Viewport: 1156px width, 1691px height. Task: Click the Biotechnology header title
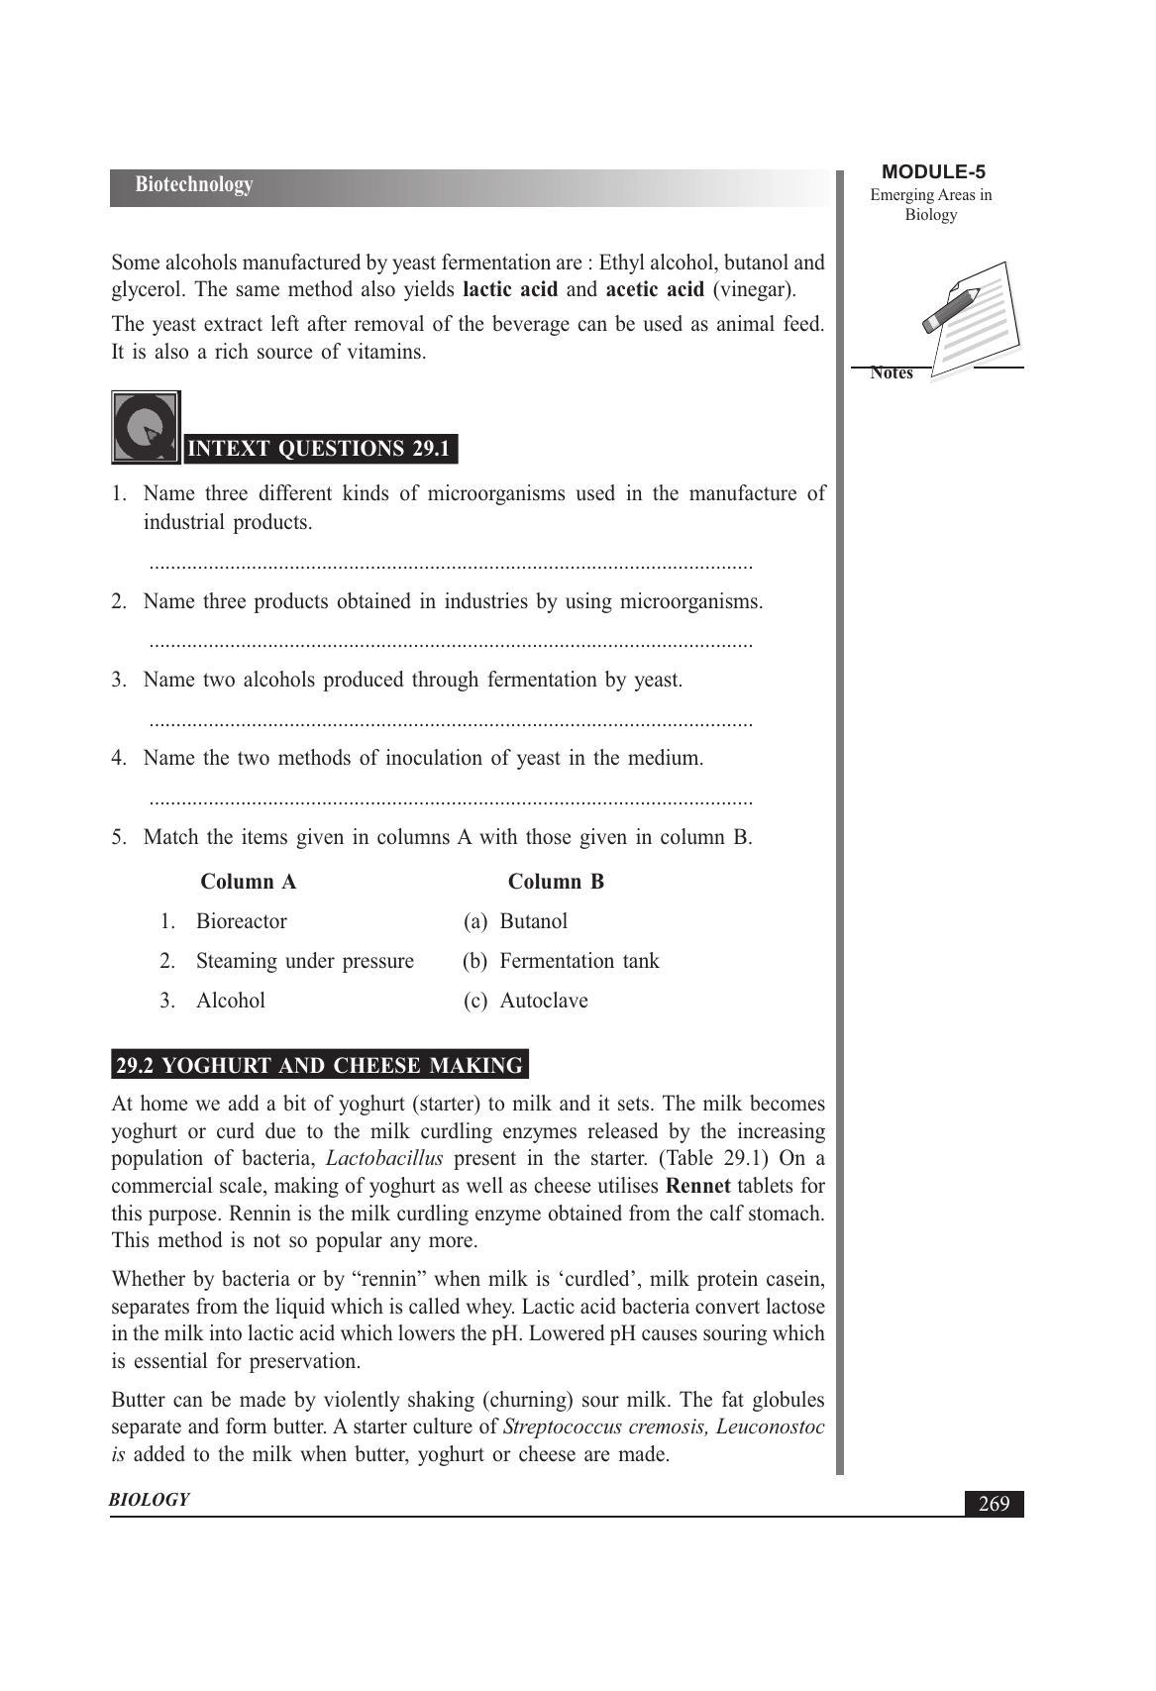click(194, 185)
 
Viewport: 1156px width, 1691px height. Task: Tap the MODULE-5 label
click(932, 172)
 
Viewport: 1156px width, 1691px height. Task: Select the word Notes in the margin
click(892, 373)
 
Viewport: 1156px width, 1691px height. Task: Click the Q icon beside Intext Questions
click(146, 428)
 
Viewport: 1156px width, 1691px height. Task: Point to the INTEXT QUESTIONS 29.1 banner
click(320, 449)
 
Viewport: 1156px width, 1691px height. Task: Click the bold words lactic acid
click(510, 290)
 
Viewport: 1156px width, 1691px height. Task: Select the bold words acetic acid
click(654, 290)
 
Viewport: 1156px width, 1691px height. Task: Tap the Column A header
click(248, 882)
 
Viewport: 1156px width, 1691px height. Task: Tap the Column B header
click(556, 882)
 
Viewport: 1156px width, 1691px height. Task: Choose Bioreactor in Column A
click(242, 921)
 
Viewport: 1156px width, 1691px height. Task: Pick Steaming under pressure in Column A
click(304, 961)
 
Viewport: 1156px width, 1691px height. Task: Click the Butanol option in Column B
click(533, 921)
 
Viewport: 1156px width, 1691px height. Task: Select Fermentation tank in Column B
click(578, 961)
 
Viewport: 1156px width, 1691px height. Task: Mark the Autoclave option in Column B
click(543, 1001)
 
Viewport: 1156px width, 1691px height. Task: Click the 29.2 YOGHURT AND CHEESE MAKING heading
click(319, 1066)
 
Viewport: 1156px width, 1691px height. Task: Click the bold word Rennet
click(698, 1186)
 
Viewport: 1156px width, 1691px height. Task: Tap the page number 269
click(994, 1504)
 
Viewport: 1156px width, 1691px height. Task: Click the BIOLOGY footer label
click(149, 1500)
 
